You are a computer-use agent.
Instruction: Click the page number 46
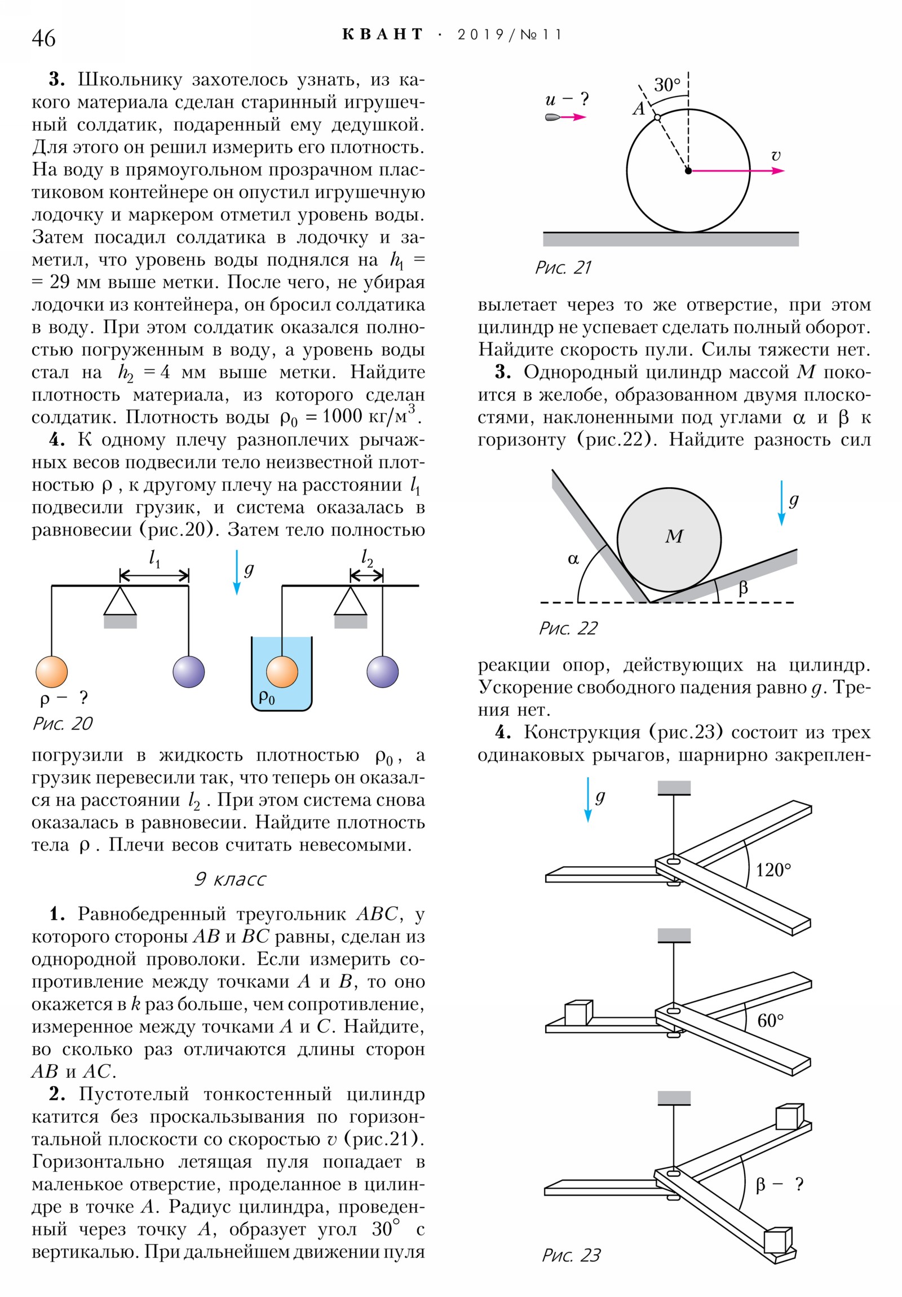click(43, 38)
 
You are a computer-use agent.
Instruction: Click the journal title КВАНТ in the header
click(382, 34)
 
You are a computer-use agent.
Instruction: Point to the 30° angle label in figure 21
click(667, 85)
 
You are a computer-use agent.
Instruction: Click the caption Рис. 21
click(563, 267)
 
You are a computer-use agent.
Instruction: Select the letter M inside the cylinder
click(674, 536)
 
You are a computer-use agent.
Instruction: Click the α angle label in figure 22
click(573, 559)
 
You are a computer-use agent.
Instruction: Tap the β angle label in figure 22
click(742, 588)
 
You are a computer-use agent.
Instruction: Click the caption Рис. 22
click(568, 628)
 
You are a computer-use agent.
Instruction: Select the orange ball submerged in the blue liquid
click(282, 672)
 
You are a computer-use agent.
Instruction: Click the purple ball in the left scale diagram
click(189, 672)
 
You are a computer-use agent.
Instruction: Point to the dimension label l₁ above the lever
click(154, 559)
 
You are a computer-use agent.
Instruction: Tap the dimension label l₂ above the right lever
click(367, 558)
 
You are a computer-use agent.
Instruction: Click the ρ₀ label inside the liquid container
click(267, 698)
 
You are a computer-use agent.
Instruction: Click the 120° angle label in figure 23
click(773, 870)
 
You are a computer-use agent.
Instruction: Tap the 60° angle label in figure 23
click(771, 1021)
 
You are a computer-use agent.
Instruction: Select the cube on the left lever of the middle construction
click(578, 1012)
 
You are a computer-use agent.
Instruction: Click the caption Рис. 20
click(62, 724)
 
